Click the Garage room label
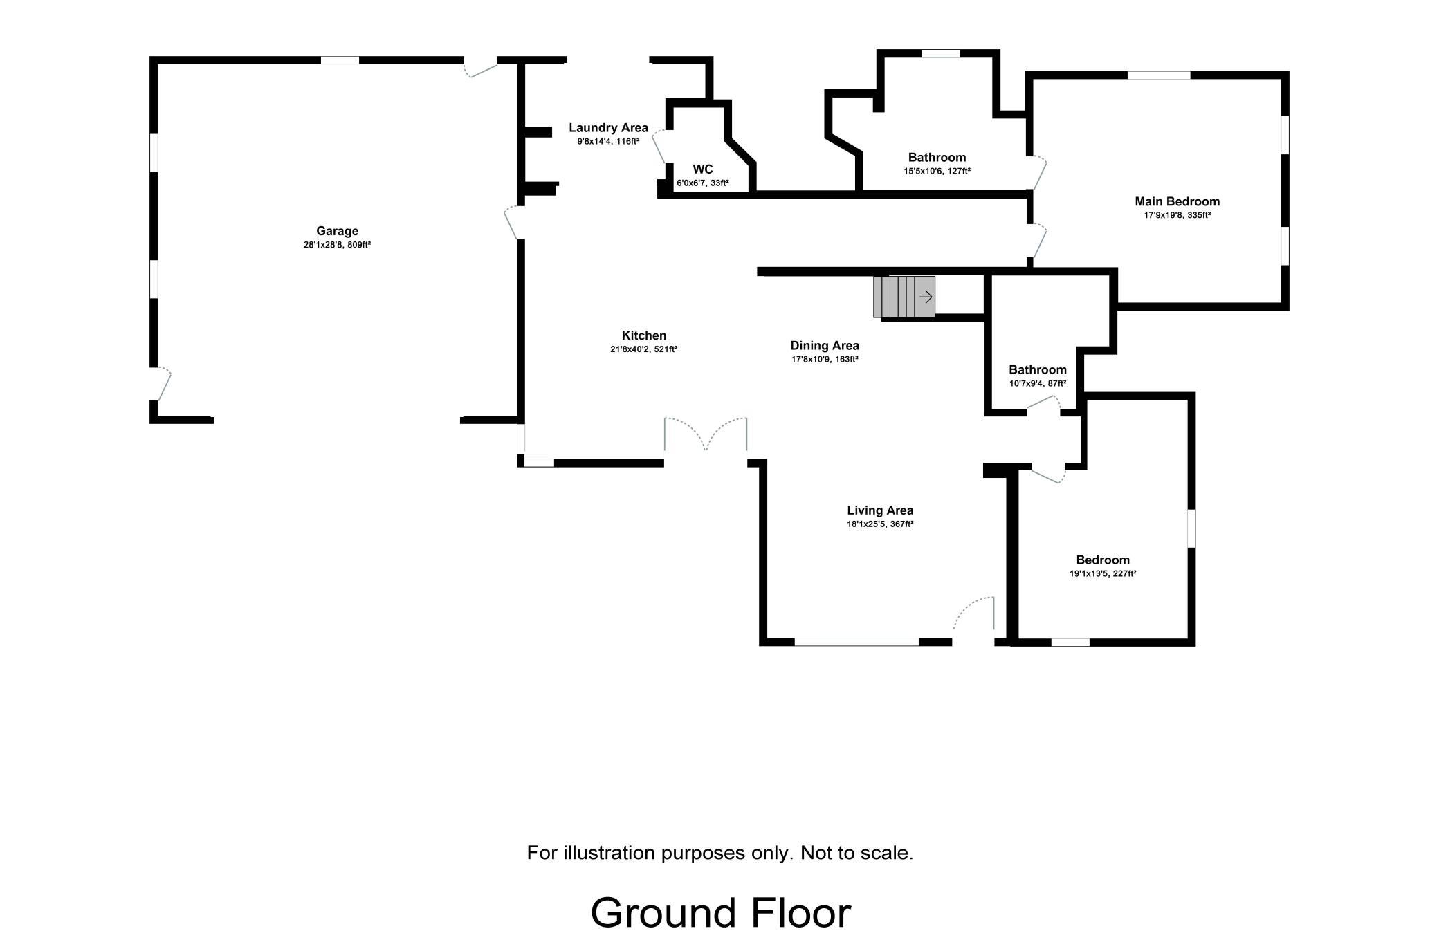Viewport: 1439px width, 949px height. (337, 231)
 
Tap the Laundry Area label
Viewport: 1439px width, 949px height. (608, 127)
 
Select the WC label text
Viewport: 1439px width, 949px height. (702, 169)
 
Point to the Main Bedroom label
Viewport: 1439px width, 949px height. (1177, 201)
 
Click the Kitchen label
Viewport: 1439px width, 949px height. (643, 335)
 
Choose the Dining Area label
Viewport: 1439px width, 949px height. (825, 345)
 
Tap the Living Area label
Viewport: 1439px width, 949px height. (880, 510)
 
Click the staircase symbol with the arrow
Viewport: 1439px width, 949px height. (904, 297)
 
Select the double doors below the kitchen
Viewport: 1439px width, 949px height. (706, 436)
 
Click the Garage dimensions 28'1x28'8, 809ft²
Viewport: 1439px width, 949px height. (337, 245)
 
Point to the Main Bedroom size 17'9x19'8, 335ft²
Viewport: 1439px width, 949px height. (1177, 215)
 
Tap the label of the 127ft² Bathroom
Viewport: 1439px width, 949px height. (937, 158)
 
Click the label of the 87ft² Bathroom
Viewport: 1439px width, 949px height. (1037, 370)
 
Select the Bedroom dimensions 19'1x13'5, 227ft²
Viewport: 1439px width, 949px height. (1103, 573)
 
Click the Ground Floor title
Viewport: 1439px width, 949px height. (720, 913)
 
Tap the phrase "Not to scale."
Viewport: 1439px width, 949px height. (856, 853)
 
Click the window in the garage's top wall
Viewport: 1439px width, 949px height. (340, 60)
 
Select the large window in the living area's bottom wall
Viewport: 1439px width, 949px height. (856, 642)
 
